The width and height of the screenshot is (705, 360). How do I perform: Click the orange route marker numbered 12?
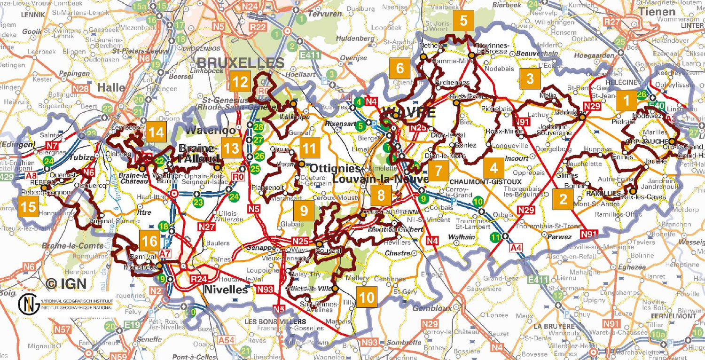pyautogui.click(x=240, y=82)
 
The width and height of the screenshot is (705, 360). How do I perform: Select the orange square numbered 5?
pyautogui.click(x=463, y=21)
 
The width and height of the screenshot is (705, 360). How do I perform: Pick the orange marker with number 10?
pyautogui.click(x=366, y=297)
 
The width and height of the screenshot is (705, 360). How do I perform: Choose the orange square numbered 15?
pyautogui.click(x=28, y=207)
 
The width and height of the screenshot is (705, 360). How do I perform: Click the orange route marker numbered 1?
pyautogui.click(x=626, y=100)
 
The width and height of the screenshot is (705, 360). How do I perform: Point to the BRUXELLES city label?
pyautogui.click(x=240, y=63)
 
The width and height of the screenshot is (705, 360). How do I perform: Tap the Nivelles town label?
pyautogui.click(x=226, y=290)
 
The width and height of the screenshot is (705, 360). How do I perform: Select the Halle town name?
pyautogui.click(x=111, y=87)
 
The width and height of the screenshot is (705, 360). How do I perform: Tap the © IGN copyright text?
pyautogui.click(x=66, y=283)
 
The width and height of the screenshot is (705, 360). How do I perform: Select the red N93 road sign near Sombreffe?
pyautogui.click(x=370, y=343)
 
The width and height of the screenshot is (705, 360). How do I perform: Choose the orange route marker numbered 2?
pyautogui.click(x=563, y=199)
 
